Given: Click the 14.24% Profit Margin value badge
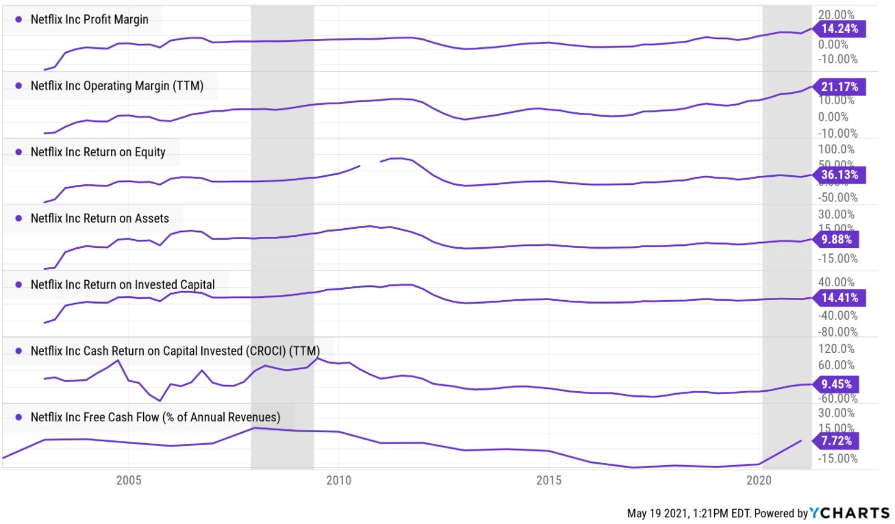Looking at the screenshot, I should [x=840, y=28].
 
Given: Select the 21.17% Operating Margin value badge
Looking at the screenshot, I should [x=840, y=87].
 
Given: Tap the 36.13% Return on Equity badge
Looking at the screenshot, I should [x=840, y=175].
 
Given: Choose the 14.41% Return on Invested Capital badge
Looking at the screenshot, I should [x=840, y=298].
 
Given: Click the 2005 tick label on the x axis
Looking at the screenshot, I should [x=129, y=479].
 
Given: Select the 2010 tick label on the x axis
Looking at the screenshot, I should [x=338, y=479].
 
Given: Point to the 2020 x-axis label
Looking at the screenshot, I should [x=758, y=479].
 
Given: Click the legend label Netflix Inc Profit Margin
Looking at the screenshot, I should [x=89, y=20].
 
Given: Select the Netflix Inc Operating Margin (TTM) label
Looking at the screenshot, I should [x=117, y=86].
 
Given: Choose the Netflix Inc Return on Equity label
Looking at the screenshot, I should [x=98, y=152].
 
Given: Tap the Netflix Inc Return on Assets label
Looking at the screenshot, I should [x=99, y=219].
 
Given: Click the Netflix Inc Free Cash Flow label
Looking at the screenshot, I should [x=155, y=416].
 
